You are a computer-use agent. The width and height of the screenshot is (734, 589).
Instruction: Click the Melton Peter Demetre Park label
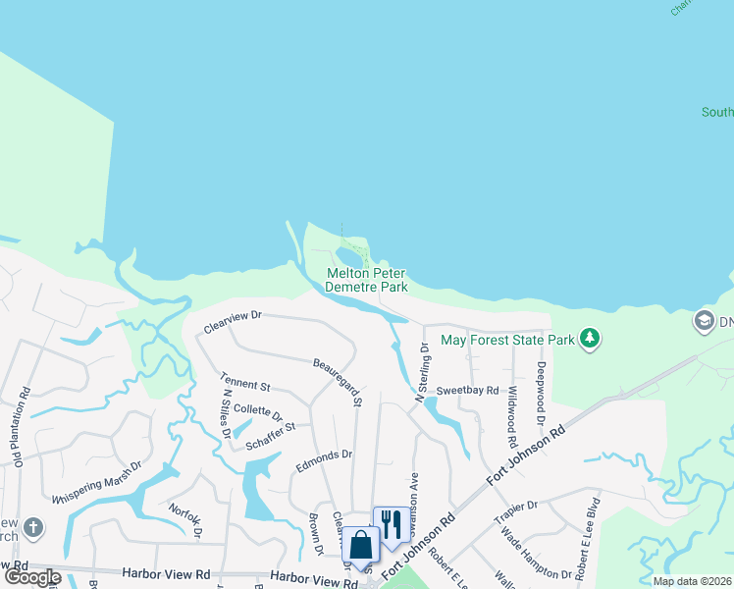(x=367, y=281)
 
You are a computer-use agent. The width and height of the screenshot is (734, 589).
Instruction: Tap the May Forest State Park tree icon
(x=589, y=340)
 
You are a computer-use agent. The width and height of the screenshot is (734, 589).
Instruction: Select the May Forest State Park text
(x=507, y=340)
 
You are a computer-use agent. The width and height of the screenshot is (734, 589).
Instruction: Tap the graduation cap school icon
(x=704, y=321)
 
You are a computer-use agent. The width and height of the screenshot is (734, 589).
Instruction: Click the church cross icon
(x=32, y=528)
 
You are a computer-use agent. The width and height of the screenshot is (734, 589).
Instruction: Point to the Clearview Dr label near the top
(x=233, y=317)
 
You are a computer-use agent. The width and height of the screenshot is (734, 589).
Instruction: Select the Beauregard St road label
(x=338, y=382)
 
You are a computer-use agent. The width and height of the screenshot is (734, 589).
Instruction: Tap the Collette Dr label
(x=258, y=412)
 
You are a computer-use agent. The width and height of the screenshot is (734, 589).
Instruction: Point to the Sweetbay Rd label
(x=468, y=390)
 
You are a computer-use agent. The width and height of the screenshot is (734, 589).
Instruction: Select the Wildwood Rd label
(x=511, y=403)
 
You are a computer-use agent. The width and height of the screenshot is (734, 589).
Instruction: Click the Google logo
(x=32, y=577)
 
